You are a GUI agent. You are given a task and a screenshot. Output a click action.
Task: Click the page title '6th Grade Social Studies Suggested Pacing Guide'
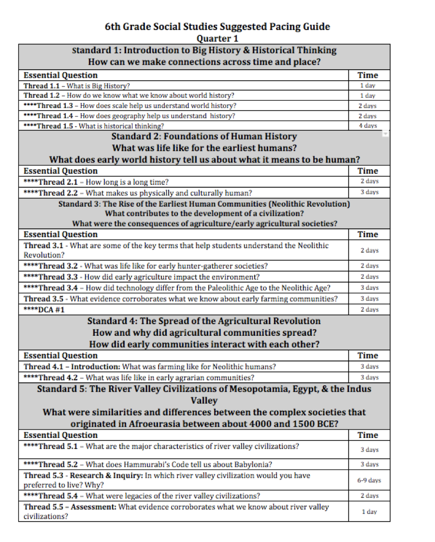click(x=217, y=27)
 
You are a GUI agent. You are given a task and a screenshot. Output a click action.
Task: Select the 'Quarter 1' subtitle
click(x=217, y=38)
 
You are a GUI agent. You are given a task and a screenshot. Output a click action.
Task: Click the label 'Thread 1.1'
click(x=43, y=86)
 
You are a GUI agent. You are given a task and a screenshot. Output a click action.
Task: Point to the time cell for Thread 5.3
click(x=369, y=481)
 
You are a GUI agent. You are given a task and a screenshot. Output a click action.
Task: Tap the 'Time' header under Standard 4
click(x=368, y=356)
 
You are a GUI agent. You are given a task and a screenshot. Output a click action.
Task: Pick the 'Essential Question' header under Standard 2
click(x=60, y=171)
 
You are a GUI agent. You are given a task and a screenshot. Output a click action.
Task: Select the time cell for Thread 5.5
click(x=369, y=512)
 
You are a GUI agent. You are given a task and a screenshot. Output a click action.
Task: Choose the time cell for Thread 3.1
click(x=369, y=251)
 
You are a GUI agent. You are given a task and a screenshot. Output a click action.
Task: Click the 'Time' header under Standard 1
click(x=368, y=75)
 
